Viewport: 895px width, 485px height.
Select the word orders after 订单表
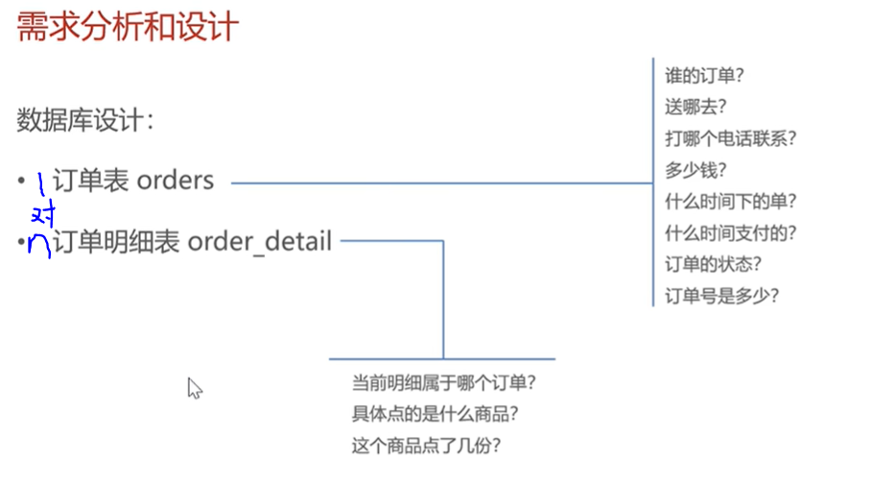pos(176,180)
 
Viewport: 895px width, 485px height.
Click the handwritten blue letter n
pos(39,245)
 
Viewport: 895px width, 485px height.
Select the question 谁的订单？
pos(706,75)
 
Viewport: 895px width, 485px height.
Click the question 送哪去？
pos(695,107)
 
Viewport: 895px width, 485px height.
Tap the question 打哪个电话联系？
pos(731,138)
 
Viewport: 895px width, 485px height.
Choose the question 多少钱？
pos(695,170)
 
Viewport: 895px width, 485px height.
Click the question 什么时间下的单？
pos(731,202)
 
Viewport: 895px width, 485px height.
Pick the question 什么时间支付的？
pos(731,232)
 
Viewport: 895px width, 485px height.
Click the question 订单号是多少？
pos(721,296)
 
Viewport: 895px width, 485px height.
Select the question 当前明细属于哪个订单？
pos(443,383)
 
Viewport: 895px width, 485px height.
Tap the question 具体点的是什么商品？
pos(436,415)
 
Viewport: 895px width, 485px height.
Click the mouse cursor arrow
pos(194,387)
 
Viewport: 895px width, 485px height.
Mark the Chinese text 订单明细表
pos(116,241)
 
